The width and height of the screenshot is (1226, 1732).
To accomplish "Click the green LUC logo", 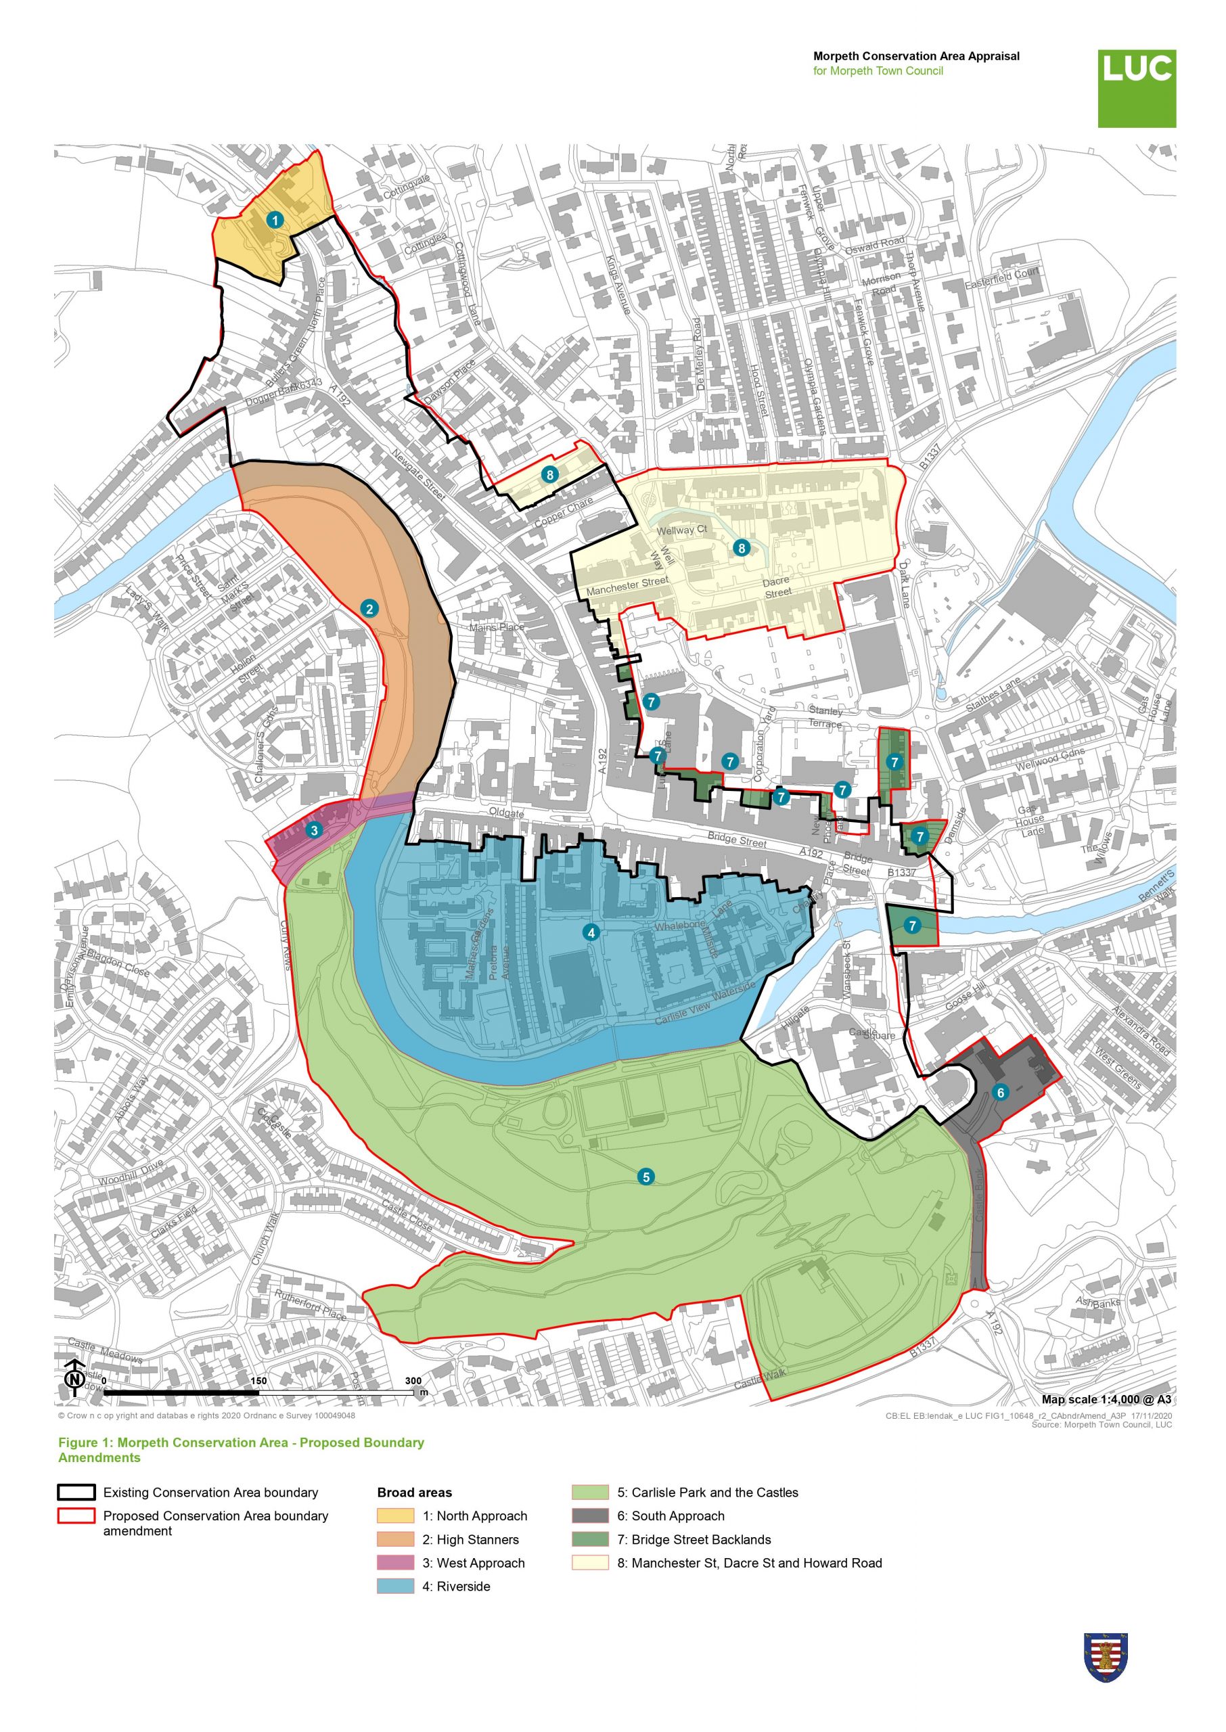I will coord(1136,89).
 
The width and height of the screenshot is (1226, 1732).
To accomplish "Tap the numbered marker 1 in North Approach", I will coord(275,220).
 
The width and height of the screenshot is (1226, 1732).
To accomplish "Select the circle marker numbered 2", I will coord(369,608).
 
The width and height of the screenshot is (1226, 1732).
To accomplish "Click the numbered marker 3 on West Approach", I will coord(314,830).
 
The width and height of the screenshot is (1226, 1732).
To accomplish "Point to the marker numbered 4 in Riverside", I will coord(591,932).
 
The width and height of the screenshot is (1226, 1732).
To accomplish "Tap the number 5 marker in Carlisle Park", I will coord(645,1176).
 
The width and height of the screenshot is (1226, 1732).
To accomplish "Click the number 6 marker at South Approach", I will coord(1001,1092).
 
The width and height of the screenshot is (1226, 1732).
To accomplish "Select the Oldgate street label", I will coord(506,813).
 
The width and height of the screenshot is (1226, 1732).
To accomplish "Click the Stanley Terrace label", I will coord(825,717).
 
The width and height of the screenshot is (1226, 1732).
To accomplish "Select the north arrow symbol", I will coord(74,1378).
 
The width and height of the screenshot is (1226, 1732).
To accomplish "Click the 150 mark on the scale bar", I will coord(258,1380).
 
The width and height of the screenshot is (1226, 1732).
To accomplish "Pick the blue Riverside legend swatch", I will coord(396,1587).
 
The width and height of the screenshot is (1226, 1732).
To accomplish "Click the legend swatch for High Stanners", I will coord(396,1540).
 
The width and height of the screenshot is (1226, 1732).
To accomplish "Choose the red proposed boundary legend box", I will coord(76,1515).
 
